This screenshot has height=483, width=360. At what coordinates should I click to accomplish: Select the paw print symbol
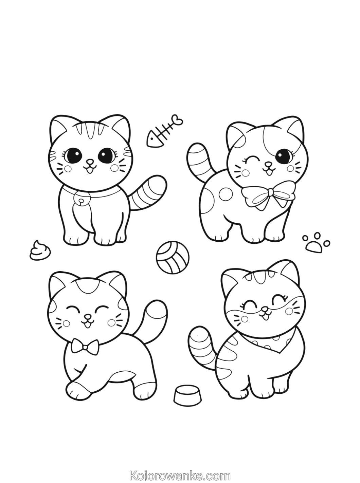pos(316,243)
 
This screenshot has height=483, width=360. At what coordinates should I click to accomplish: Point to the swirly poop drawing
pos(40,250)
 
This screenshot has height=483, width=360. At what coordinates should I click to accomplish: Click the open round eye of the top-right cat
pos(283,156)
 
